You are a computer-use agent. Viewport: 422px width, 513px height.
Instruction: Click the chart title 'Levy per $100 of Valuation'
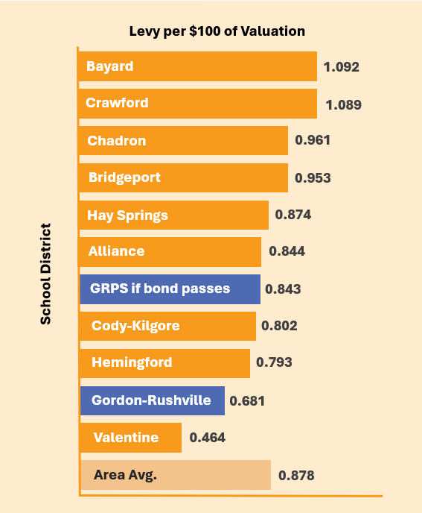click(217, 31)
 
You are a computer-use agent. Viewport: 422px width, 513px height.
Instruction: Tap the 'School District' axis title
click(45, 274)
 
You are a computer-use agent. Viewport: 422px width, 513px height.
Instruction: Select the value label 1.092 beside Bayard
click(342, 67)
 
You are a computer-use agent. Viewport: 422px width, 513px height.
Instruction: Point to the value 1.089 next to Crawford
click(344, 105)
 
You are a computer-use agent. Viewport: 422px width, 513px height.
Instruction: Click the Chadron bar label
click(117, 141)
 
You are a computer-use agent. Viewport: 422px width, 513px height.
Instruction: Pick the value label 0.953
click(313, 178)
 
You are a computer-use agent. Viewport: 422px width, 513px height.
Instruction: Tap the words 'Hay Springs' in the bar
click(127, 216)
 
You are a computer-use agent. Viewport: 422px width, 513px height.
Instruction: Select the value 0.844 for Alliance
click(287, 251)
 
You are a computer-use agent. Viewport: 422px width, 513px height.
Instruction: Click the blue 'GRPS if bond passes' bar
click(170, 289)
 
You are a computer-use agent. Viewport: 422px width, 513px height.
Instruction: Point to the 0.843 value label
click(283, 289)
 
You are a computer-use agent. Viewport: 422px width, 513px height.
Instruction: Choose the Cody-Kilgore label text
click(135, 326)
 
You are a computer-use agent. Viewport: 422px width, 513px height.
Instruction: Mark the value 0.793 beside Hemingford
click(274, 362)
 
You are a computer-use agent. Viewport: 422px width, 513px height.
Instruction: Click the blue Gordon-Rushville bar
click(153, 401)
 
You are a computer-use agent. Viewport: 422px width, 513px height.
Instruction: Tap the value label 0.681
click(247, 401)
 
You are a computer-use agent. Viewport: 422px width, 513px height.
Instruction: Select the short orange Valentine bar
click(131, 438)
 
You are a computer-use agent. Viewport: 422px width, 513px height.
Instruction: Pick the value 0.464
click(208, 438)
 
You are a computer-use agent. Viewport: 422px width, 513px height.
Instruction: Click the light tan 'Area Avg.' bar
click(176, 475)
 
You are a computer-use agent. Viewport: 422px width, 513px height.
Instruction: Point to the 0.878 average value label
click(296, 476)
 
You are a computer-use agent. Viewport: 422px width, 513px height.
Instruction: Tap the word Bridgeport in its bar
click(124, 177)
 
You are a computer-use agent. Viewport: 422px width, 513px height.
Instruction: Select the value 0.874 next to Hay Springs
click(293, 215)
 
